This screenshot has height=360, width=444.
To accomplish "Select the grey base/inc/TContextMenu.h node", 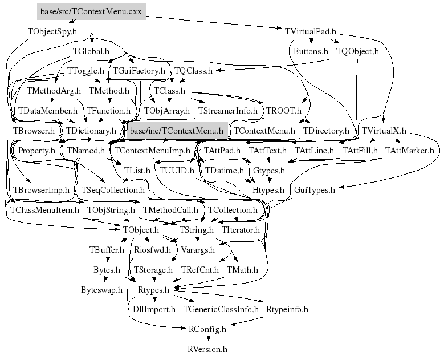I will [176, 131].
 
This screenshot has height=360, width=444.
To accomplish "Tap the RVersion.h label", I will [207, 348].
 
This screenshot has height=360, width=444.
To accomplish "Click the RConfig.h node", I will [207, 329].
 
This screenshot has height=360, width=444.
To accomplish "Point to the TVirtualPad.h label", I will [311, 31].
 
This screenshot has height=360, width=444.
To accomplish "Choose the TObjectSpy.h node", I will [52, 31].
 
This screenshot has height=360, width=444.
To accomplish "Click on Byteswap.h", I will [101, 289].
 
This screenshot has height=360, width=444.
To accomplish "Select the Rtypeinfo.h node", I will [287, 309].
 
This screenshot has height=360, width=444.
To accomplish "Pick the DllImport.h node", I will [154, 309].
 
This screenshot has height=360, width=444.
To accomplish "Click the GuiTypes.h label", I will [314, 189].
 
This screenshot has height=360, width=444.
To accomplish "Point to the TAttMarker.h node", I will [409, 151].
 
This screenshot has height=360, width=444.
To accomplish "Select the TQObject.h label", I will [357, 51].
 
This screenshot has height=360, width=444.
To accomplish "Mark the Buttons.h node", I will [311, 51].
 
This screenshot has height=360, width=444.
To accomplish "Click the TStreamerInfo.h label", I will [227, 110].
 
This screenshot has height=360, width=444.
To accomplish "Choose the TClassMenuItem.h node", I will [45, 210].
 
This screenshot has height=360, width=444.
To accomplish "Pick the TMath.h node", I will [242, 269].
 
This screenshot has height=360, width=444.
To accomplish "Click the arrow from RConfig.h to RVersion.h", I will [207, 338].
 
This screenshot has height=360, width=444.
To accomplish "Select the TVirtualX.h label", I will [384, 131].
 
